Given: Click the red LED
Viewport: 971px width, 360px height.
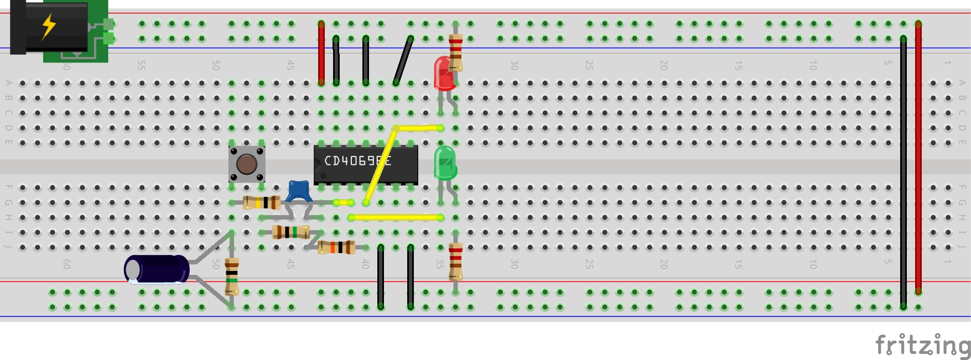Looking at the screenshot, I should pyautogui.click(x=444, y=74).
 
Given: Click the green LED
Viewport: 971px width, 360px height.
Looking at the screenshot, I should pyautogui.click(x=445, y=163).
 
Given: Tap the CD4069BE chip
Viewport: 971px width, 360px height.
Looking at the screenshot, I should pyautogui.click(x=365, y=164).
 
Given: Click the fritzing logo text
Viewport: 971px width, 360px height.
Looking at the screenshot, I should pyautogui.click(x=922, y=345).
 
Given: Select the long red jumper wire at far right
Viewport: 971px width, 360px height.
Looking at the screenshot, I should pyautogui.click(x=918, y=158).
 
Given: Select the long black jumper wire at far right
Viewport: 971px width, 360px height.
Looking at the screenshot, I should pyautogui.click(x=903, y=171).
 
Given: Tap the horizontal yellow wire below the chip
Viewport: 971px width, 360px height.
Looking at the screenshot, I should pyautogui.click(x=396, y=217).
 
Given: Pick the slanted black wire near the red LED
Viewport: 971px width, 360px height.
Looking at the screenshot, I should pyautogui.click(x=403, y=60).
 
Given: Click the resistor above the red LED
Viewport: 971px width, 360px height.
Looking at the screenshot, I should pyautogui.click(x=455, y=53).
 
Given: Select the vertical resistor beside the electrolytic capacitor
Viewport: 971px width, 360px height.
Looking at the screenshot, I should pyautogui.click(x=232, y=276).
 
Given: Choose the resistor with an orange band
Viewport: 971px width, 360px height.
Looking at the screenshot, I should pyautogui.click(x=336, y=247).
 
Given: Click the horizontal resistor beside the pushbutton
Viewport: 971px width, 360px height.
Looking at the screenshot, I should pyautogui.click(x=262, y=202).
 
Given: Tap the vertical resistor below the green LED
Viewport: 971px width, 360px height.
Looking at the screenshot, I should pyautogui.click(x=455, y=261).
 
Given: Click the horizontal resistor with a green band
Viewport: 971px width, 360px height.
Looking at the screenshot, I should pyautogui.click(x=291, y=232).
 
